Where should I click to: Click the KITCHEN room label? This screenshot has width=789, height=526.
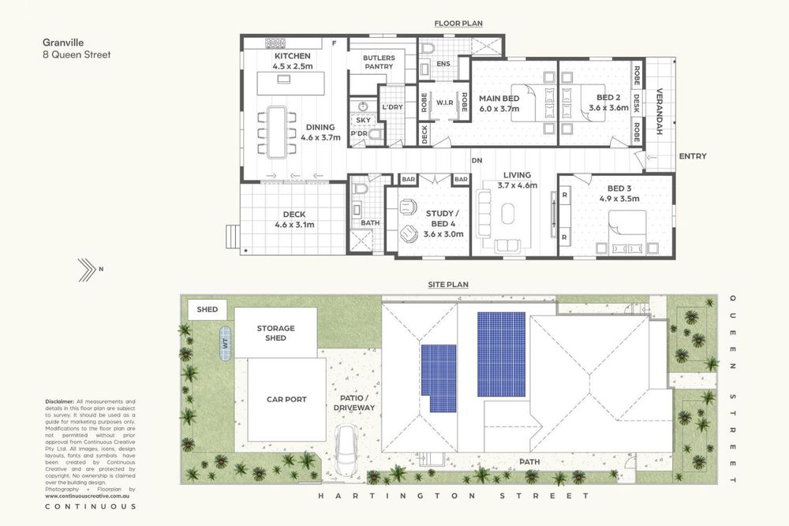tap(292, 57)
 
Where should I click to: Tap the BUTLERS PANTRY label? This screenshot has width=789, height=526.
tap(378, 62)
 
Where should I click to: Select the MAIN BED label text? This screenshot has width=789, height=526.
tap(499, 99)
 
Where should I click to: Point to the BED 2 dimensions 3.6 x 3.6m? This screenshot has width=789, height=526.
tap(608, 108)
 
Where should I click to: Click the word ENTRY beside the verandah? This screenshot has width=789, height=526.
tap(692, 156)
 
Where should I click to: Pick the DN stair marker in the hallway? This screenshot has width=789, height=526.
tap(477, 160)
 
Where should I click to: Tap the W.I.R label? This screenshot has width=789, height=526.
tap(443, 103)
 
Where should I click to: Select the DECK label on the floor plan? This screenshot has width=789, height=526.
tap(294, 215)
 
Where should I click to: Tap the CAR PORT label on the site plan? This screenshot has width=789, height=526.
tap(286, 399)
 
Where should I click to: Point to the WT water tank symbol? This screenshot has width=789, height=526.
tap(225, 343)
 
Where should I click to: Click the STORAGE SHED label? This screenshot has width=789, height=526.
tap(275, 333)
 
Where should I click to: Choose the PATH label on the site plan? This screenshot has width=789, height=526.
tap(529, 461)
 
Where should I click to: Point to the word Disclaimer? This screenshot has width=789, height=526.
tap(60, 401)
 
